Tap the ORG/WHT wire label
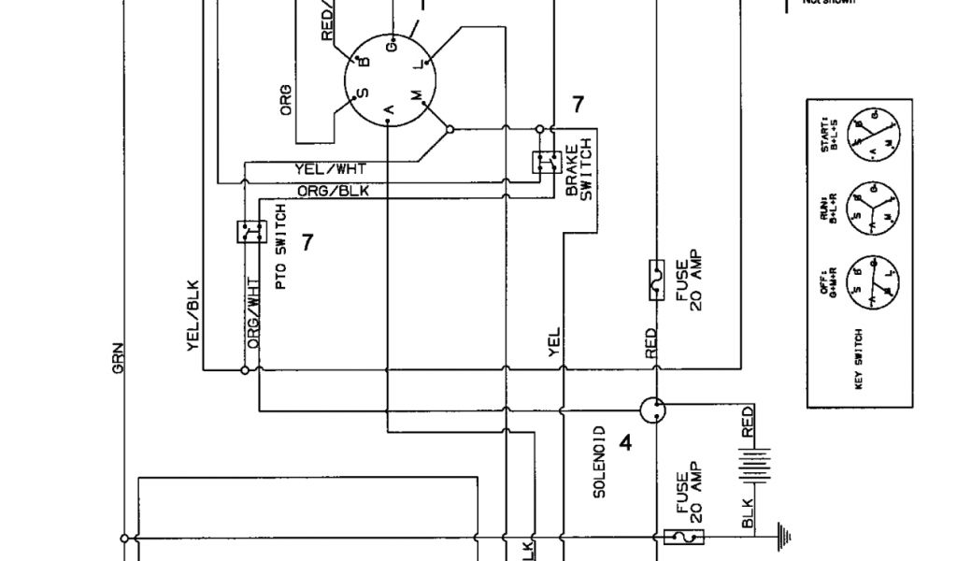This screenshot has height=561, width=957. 252,313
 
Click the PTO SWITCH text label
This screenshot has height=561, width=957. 280,247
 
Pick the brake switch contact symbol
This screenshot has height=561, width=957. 544,162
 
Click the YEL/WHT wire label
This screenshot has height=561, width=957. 330,169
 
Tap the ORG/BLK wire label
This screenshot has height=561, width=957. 333,191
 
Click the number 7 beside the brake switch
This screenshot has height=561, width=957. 578,105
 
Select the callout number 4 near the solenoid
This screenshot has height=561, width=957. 625,443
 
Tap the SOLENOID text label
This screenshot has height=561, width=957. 600,462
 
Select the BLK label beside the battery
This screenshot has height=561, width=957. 747,511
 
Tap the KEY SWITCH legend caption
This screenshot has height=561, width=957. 859,359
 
